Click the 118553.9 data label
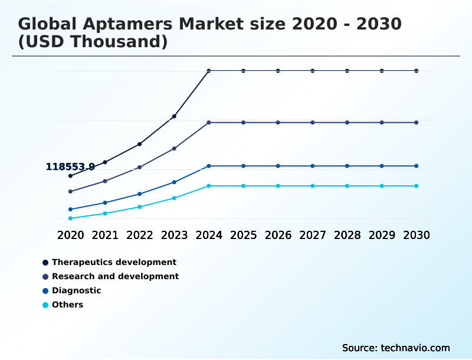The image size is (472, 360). click(x=70, y=167)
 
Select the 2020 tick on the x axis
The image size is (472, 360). click(x=70, y=235)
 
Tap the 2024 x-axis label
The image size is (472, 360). click(x=209, y=235)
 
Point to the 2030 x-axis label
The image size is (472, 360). click(x=417, y=235)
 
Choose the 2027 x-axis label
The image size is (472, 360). click(x=313, y=235)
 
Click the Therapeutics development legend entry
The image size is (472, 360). click(x=114, y=262)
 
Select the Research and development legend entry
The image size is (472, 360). click(x=115, y=276)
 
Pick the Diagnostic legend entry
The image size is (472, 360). click(x=76, y=290)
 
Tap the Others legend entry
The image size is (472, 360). click(x=67, y=305)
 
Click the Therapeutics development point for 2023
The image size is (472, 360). click(x=174, y=116)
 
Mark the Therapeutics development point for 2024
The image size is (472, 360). click(x=209, y=71)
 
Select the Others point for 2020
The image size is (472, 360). click(x=70, y=218)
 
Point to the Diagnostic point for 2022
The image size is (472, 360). click(x=140, y=194)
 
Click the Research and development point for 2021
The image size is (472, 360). click(x=105, y=181)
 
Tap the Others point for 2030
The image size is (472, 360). click(x=417, y=186)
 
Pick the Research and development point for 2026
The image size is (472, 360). click(x=278, y=123)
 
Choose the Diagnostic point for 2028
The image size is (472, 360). click(x=347, y=166)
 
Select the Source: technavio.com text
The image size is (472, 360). click(x=396, y=348)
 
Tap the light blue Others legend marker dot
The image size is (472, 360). click(x=45, y=305)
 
